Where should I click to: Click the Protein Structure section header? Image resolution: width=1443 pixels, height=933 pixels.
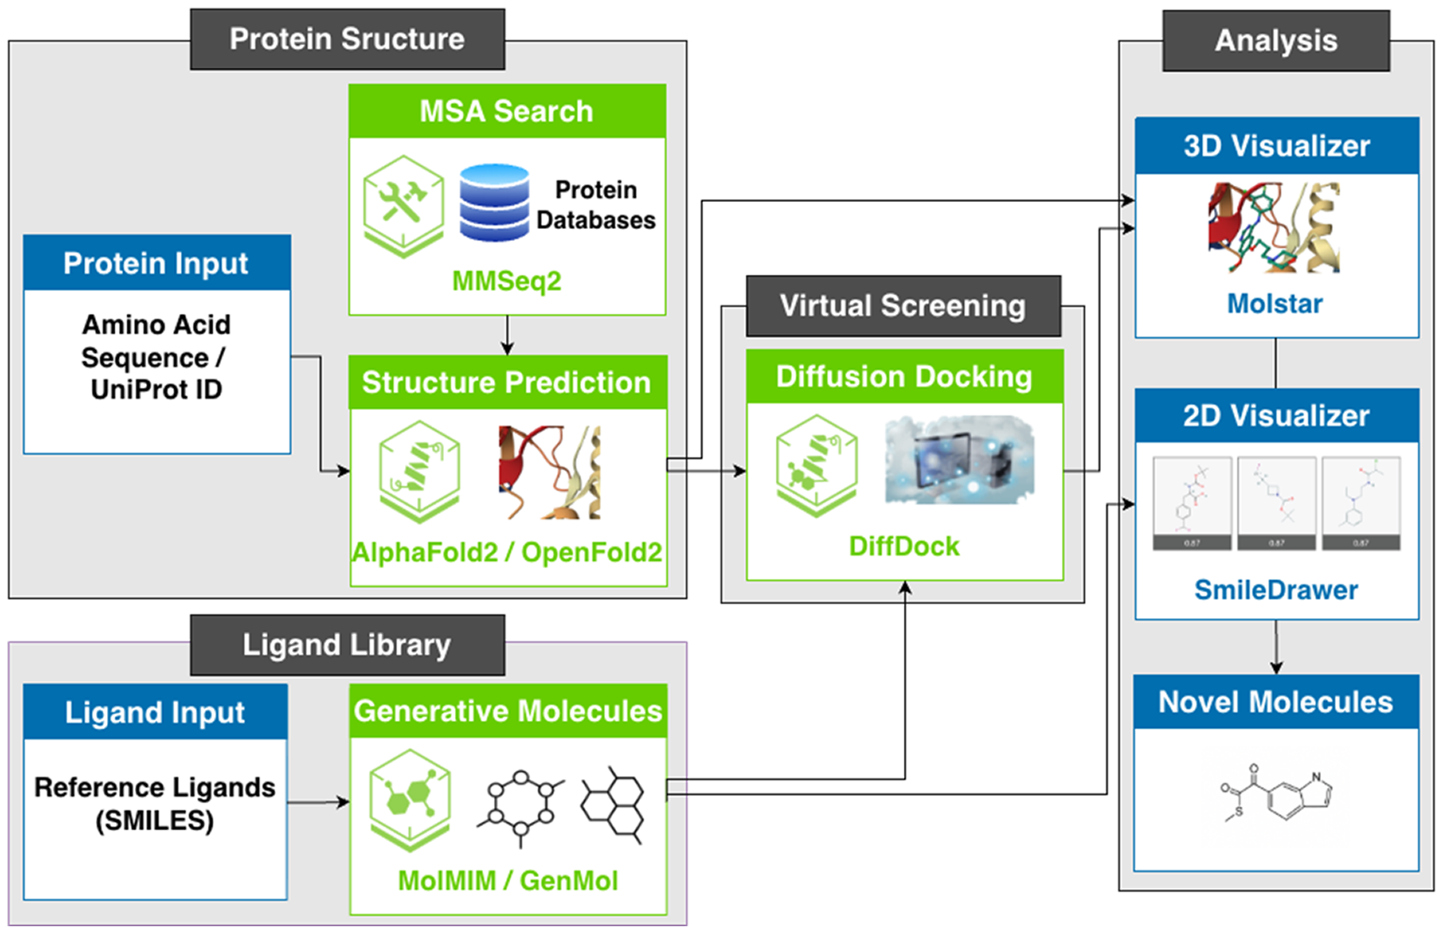coord(347,39)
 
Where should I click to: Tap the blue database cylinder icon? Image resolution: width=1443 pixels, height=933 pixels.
coord(494,203)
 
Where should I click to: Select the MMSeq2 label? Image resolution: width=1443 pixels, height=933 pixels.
coord(507,281)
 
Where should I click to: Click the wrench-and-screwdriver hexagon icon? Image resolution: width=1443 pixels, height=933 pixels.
coord(403,205)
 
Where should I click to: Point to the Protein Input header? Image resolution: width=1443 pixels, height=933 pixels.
coord(156,263)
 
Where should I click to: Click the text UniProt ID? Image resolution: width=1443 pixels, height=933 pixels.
coord(156,389)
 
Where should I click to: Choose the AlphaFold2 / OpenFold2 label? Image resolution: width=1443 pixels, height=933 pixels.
coord(507,552)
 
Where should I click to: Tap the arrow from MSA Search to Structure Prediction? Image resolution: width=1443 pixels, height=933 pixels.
coord(507,336)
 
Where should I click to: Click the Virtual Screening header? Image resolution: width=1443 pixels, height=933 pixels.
coord(903,305)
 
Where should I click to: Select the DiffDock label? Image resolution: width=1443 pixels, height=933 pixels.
coord(904,546)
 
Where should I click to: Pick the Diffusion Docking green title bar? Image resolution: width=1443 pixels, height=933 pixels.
coord(904,377)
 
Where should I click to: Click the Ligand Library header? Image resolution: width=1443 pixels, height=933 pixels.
coord(347,645)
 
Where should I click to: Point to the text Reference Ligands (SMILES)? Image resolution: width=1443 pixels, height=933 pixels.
coord(154,803)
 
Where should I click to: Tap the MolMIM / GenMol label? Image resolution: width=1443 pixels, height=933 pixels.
coord(508,880)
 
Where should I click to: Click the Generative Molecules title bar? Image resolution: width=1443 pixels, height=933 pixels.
coord(508,711)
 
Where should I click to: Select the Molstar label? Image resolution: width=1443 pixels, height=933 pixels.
coord(1275,304)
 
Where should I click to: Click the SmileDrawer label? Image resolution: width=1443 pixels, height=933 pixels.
coord(1276,589)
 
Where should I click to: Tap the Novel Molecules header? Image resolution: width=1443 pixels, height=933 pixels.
coord(1276,702)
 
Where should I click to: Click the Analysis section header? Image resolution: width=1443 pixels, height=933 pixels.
coord(1276,41)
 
